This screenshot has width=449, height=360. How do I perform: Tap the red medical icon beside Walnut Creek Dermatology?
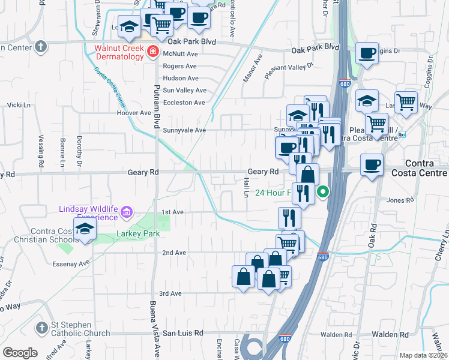[x=153, y=52]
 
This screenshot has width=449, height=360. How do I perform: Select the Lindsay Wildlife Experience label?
[x=88, y=213]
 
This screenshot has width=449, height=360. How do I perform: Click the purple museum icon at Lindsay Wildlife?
[x=126, y=212]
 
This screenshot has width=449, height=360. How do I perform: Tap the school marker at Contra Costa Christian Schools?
[x=85, y=229]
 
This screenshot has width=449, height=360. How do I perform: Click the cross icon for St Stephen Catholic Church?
[x=41, y=328]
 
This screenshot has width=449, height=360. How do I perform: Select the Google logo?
[x=20, y=352]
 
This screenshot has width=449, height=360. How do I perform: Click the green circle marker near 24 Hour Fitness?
[x=323, y=193]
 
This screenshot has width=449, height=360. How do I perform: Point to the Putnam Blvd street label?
[x=156, y=103]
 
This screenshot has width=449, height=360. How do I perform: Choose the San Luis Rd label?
[x=183, y=332]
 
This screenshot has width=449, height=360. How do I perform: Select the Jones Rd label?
[x=400, y=200]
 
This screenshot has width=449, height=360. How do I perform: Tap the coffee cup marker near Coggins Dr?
[x=367, y=53]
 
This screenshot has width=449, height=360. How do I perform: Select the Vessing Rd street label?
[x=41, y=154]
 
